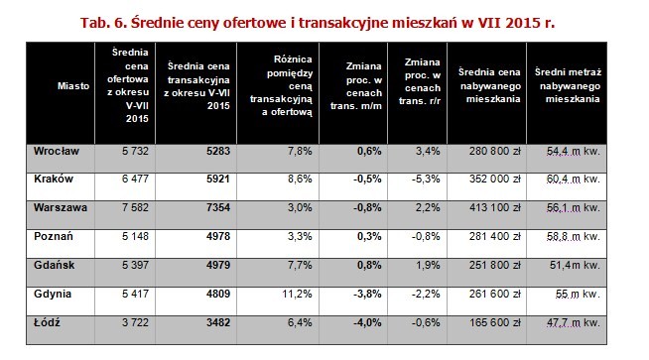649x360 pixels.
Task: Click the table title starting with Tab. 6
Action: [324, 19]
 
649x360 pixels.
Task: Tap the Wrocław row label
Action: [57, 151]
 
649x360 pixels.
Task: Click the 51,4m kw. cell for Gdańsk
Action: [577, 266]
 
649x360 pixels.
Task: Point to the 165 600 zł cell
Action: [494, 323]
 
